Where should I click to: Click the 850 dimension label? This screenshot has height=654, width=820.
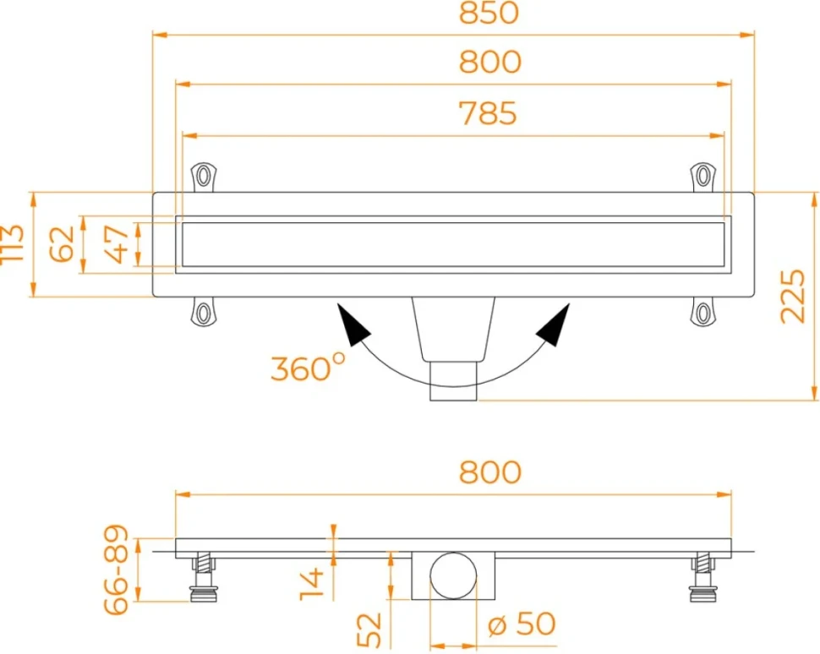tap(489, 13)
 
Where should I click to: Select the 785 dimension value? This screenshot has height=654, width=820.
tap(488, 113)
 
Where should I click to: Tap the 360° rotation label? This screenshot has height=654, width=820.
tap(308, 368)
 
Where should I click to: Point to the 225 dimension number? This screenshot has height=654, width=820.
tap(792, 296)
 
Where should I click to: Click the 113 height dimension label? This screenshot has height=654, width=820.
tap(13, 244)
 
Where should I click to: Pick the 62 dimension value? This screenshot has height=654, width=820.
tap(62, 244)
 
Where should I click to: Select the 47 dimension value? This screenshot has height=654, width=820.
tap(116, 244)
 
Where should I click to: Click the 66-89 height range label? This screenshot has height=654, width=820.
tap(116, 570)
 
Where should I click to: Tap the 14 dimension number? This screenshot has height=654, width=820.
tap(312, 584)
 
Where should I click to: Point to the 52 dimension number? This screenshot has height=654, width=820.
tap(369, 630)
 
